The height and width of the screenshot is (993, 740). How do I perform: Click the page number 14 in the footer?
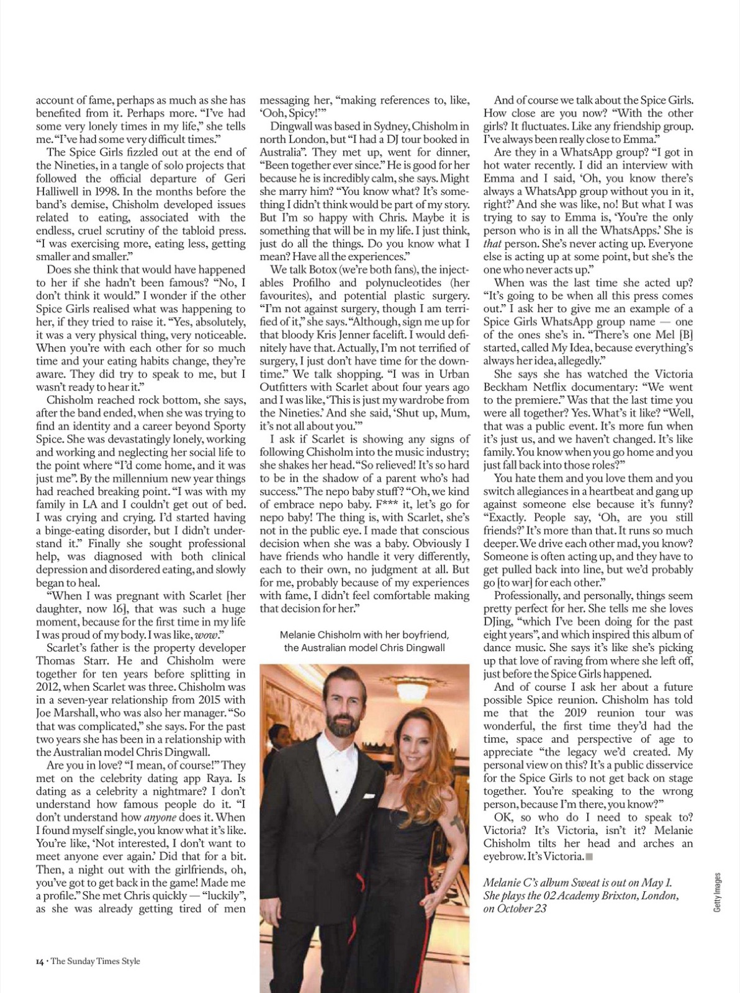[39, 961]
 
